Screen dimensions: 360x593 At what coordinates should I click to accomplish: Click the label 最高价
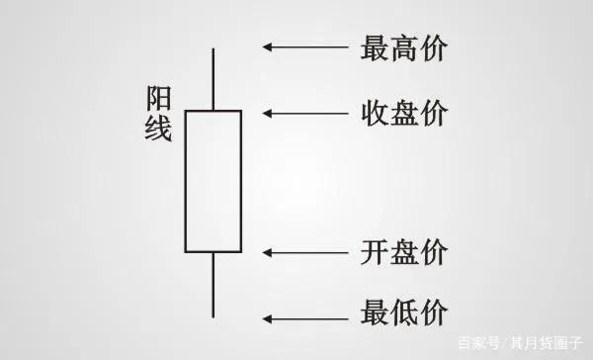pyautogui.click(x=403, y=46)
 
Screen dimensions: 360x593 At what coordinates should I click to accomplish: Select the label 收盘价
pyautogui.click(x=403, y=113)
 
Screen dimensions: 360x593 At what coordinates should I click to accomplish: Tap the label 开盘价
pyautogui.click(x=403, y=251)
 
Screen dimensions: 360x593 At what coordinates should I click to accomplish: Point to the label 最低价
pyautogui.click(x=403, y=315)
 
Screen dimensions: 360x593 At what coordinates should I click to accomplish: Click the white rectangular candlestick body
pyautogui.click(x=212, y=181)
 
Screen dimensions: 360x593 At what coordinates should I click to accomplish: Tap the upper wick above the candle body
pyautogui.click(x=212, y=78)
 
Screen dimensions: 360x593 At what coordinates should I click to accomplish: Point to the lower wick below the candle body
pyautogui.click(x=212, y=284)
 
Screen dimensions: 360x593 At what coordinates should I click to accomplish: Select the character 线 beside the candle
pyautogui.click(x=158, y=130)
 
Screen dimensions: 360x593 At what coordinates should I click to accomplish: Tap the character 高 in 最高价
pyautogui.click(x=403, y=46)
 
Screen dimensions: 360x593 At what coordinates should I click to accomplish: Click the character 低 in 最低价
pyautogui.click(x=403, y=315)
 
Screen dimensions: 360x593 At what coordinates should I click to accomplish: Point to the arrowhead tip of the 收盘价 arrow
pyautogui.click(x=264, y=113)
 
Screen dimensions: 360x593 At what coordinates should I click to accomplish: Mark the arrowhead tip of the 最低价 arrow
pyautogui.click(x=264, y=317)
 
